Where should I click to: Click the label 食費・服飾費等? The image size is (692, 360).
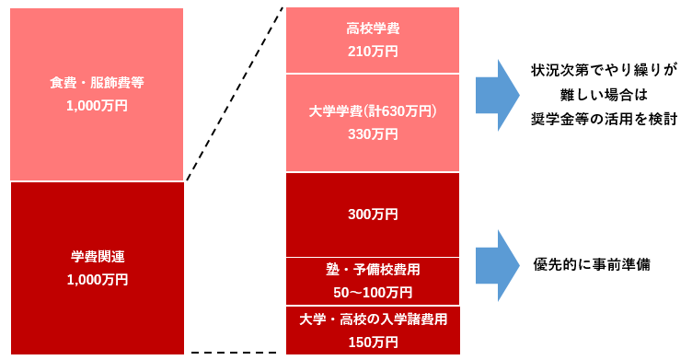coord(98,82)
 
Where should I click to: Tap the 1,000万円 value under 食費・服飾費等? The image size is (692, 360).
coord(98,106)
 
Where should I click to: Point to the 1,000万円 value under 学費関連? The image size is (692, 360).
coord(98,279)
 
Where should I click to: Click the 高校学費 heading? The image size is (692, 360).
coord(373,29)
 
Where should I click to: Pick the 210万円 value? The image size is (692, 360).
coord(373,52)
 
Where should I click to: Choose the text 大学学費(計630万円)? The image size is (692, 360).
coord(373,110)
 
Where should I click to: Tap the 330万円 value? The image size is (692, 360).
coord(373,134)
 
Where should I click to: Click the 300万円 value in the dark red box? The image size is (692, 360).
coord(373,215)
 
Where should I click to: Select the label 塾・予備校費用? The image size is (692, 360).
coord(373,270)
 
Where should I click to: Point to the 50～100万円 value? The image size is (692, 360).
coord(373,293)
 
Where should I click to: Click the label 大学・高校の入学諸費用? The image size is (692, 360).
coord(373,319)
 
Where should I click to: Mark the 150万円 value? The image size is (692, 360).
coord(373,343)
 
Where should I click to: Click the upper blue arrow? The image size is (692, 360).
coord(498,95)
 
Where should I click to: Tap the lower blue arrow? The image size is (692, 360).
coord(498,265)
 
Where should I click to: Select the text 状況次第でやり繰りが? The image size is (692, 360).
coord(604,70)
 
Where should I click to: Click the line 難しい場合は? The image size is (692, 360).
coord(604,94)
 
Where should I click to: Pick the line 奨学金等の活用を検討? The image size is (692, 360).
coord(604,118)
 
